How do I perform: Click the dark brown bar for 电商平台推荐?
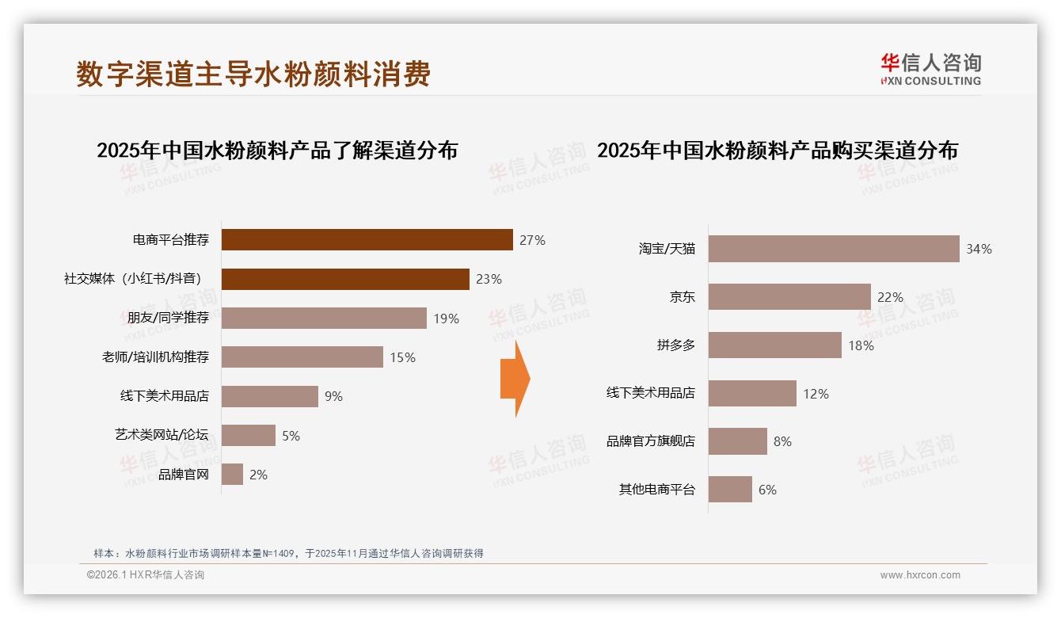click(367, 239)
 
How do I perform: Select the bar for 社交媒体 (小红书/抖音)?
click(345, 279)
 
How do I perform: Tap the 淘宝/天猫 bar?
click(833, 249)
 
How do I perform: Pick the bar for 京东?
click(789, 297)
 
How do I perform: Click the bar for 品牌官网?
click(232, 475)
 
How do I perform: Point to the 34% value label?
click(979, 249)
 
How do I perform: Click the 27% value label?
click(532, 240)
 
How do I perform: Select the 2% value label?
click(258, 475)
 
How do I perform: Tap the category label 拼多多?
click(675, 345)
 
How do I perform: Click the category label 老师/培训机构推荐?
click(155, 357)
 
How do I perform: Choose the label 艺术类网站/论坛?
click(162, 435)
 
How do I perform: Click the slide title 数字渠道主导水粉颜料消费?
click(253, 74)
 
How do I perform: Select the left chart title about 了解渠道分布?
click(277, 151)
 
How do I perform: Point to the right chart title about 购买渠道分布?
click(778, 151)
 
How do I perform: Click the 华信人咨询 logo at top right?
click(930, 69)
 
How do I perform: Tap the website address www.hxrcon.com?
click(920, 575)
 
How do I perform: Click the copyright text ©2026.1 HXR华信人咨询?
click(146, 575)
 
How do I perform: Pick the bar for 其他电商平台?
click(730, 490)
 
